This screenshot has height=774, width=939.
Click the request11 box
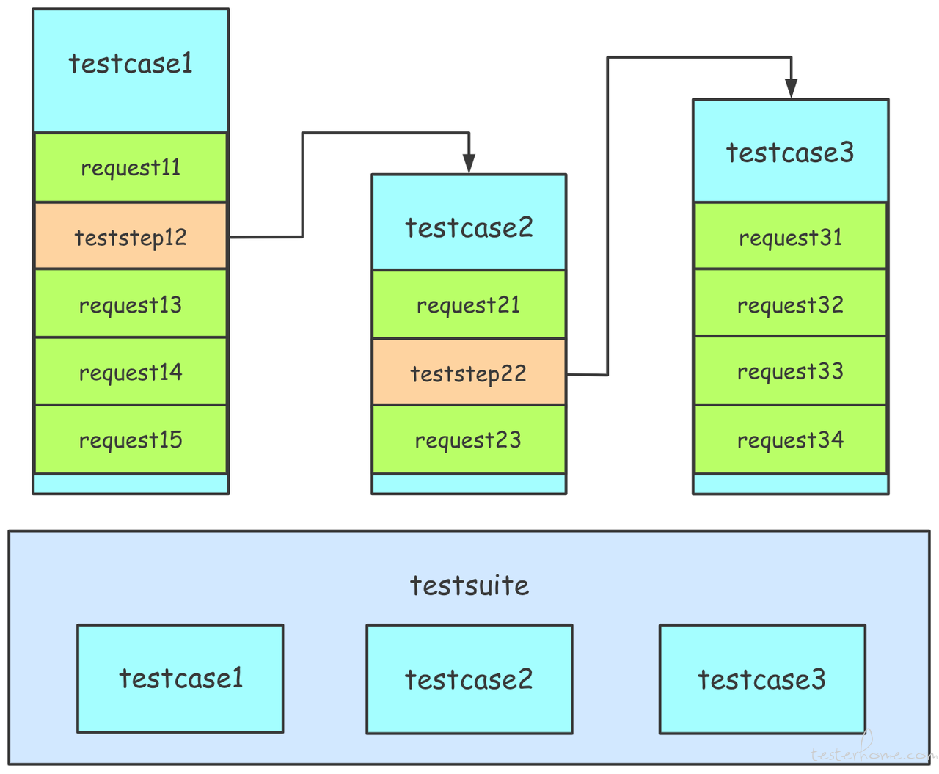131,167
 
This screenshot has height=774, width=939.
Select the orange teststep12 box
131,236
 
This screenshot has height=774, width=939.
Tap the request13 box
131,303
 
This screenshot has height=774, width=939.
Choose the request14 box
131,371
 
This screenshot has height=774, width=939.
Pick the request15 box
131,439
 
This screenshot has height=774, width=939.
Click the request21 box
469,304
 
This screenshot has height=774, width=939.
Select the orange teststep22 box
469,372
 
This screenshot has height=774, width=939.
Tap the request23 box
469,439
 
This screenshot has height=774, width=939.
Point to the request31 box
790,236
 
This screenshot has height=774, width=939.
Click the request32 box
790,303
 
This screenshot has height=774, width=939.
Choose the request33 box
790,370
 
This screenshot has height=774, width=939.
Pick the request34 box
790,439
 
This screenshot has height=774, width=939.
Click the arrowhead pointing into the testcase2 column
469,164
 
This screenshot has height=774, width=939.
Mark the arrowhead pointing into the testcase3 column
791,88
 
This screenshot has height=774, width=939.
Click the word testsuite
469,585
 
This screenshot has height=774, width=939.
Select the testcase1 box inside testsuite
180,679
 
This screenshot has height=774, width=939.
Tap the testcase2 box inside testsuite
469,679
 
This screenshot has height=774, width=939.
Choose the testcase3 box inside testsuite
762,679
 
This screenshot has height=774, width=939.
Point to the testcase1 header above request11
131,70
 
